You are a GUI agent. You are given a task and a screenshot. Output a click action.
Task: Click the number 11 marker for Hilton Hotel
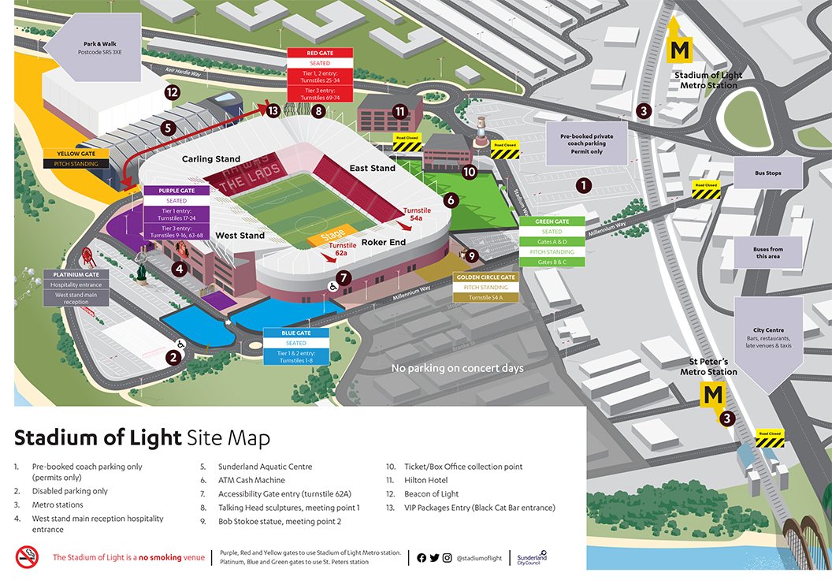[x=400, y=111]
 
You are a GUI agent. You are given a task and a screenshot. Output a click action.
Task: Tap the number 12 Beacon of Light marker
[x=173, y=92]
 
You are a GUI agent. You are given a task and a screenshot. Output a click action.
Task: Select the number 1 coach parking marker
[x=584, y=185]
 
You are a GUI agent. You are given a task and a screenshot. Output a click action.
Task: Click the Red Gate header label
[x=318, y=53]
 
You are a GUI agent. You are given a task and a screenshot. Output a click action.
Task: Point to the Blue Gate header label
[x=295, y=333]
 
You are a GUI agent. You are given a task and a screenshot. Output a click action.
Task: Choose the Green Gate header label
[x=552, y=221]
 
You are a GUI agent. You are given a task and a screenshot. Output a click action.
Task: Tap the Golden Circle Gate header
[x=485, y=277]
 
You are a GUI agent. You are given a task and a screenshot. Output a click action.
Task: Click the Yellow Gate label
[x=76, y=154]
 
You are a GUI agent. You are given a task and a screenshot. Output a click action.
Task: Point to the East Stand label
[x=373, y=168]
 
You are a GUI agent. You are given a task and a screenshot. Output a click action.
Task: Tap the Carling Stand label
[x=211, y=159]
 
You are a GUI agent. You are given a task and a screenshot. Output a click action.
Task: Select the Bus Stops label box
[x=767, y=173]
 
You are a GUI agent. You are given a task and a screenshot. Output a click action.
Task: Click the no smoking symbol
[x=27, y=557]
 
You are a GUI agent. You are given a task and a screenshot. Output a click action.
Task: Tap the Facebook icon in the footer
[x=422, y=558]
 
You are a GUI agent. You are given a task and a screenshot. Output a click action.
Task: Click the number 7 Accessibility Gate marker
[x=344, y=277]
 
